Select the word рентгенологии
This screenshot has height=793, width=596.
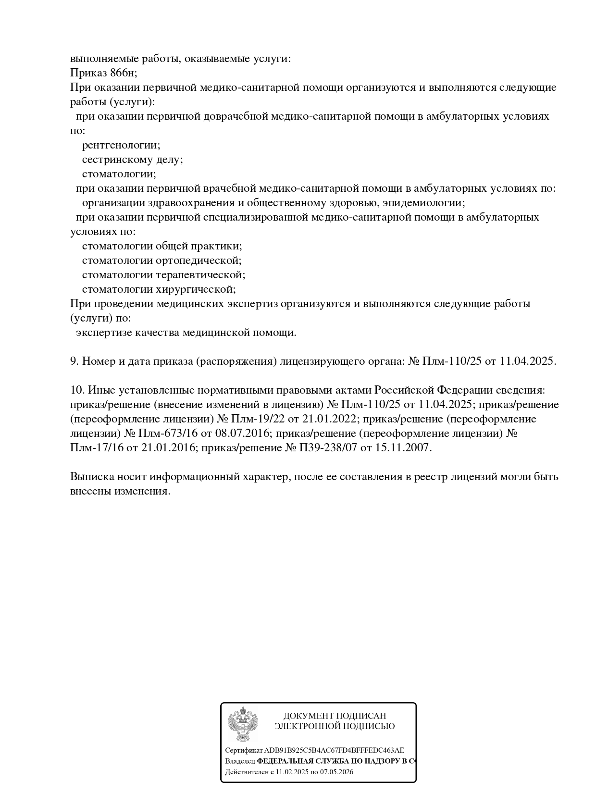pyautogui.click(x=121, y=145)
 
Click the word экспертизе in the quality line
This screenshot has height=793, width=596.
pyautogui.click(x=104, y=333)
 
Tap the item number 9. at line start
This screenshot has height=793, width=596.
pyautogui.click(x=74, y=361)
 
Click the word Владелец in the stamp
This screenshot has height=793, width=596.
pyautogui.click(x=240, y=761)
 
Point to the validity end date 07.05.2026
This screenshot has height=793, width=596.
pyautogui.click(x=336, y=772)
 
